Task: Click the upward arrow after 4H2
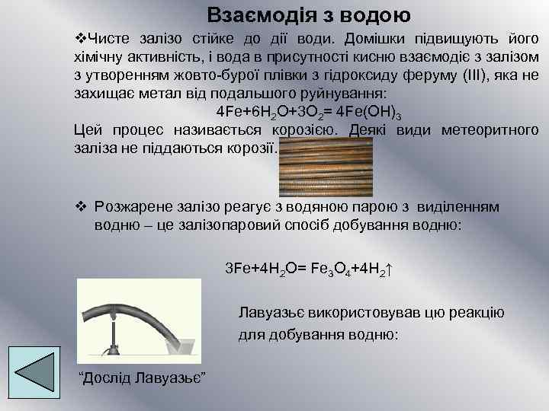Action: [388, 269]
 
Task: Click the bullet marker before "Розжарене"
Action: [80, 206]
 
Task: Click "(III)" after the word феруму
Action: [480, 75]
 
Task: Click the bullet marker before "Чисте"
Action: [80, 38]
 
